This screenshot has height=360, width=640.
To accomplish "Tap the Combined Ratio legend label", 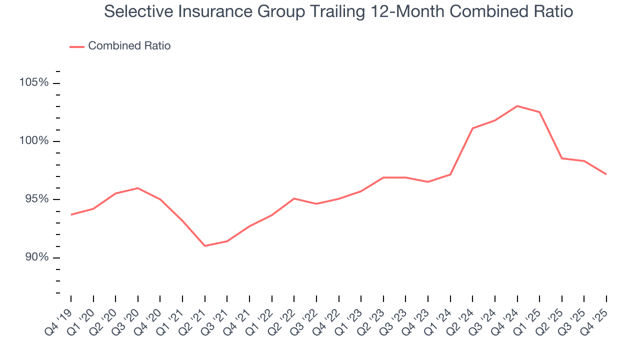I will tap(129, 46).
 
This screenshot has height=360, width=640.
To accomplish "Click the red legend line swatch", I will tap(77, 46).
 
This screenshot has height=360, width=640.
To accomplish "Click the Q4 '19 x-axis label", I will tap(60, 317).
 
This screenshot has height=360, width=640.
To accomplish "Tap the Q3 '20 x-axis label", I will tap(127, 317).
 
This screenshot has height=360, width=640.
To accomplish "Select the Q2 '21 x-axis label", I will tap(194, 317).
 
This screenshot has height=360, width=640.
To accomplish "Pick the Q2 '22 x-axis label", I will tap(283, 317).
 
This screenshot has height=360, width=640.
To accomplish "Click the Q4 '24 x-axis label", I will tap(506, 317).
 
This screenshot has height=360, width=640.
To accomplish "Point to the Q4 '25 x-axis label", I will tap(595, 317).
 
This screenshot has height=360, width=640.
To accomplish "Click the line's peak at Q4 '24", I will tap(517, 106).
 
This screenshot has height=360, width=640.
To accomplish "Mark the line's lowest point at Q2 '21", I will tap(205, 246).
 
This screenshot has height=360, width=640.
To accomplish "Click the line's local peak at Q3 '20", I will tap(138, 188).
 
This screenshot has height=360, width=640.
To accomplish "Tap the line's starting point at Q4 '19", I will tap(71, 214).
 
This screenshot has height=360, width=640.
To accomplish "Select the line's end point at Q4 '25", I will tap(606, 174).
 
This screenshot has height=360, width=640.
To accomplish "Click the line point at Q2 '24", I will tap(472, 128).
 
